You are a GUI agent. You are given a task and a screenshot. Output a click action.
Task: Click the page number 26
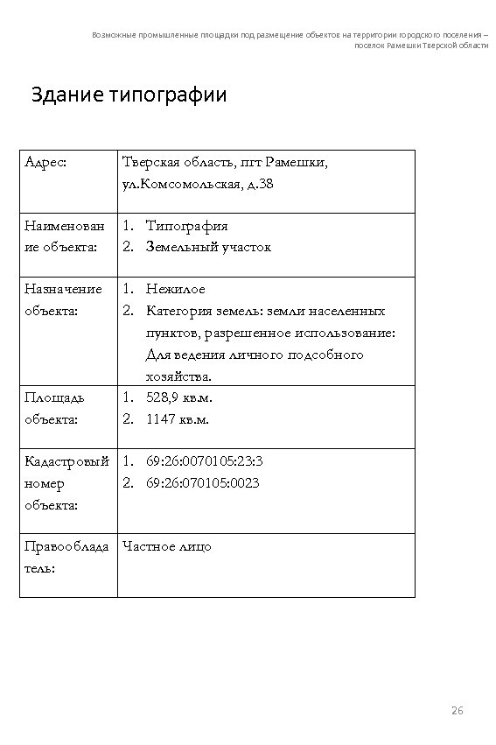pyautogui.click(x=456, y=708)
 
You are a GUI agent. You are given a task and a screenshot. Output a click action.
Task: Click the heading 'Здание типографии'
pyautogui.click(x=129, y=95)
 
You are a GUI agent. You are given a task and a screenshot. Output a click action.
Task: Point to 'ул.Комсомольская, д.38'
pyautogui.click(x=198, y=184)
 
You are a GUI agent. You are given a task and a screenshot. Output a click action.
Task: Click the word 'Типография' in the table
pyautogui.click(x=187, y=226)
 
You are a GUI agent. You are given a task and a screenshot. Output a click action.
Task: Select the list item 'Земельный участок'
pyautogui.click(x=208, y=247)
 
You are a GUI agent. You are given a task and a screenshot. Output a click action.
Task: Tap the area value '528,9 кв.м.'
pyautogui.click(x=180, y=397)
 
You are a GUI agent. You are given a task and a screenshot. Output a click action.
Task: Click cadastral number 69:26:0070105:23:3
pyautogui.click(x=205, y=460)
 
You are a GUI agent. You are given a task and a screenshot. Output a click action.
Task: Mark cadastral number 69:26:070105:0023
pyautogui.click(x=203, y=482)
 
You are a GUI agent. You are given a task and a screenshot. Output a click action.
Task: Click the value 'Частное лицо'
pyautogui.click(x=167, y=546)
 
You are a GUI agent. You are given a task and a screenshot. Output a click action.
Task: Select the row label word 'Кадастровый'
pyautogui.click(x=66, y=460)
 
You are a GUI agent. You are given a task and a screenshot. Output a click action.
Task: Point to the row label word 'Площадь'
pyautogui.click(x=54, y=397)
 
